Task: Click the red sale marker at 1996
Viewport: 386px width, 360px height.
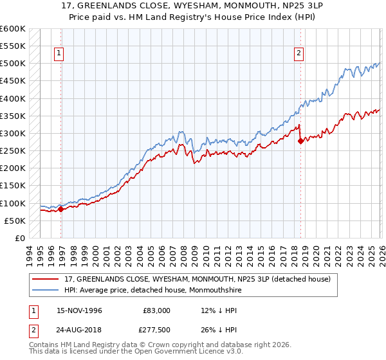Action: tap(61, 209)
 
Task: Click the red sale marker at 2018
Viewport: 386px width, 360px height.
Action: tap(300, 141)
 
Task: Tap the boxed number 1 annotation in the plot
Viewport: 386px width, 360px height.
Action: tap(59, 54)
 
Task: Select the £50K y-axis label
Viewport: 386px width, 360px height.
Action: tap(15, 221)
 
